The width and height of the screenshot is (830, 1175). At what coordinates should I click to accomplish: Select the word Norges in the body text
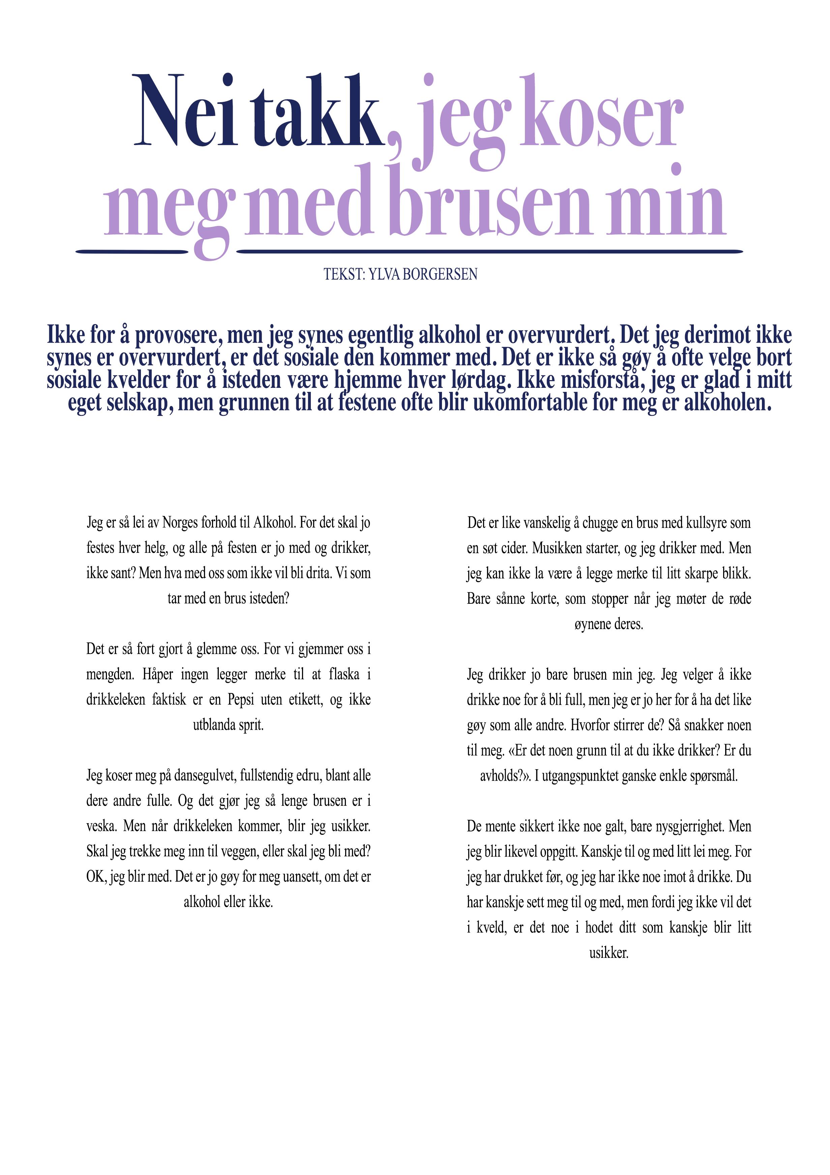(180, 523)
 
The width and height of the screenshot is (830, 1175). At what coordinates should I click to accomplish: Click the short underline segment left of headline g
(132, 251)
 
